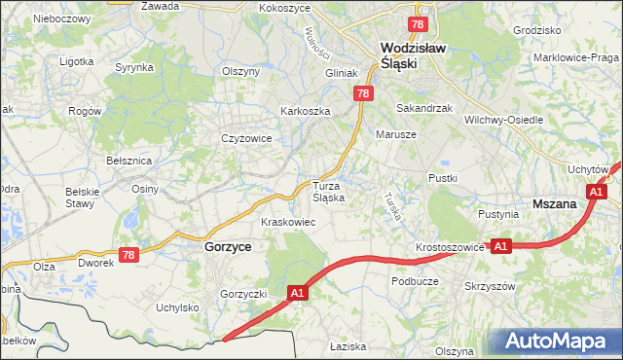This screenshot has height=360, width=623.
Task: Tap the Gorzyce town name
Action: (x=228, y=247)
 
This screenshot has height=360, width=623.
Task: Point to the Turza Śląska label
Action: (x=328, y=191)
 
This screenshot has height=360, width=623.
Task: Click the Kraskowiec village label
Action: (x=287, y=222)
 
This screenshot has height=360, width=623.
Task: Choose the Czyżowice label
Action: (x=245, y=138)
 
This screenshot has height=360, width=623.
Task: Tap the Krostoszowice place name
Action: (x=450, y=247)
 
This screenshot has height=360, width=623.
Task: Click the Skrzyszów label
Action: (x=490, y=286)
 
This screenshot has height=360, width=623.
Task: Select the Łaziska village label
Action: (x=347, y=346)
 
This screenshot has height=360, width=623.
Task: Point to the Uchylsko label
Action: (x=177, y=307)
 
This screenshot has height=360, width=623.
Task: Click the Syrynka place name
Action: (x=134, y=67)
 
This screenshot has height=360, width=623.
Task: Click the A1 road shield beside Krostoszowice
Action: (x=501, y=247)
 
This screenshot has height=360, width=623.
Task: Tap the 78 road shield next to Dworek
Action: (x=130, y=255)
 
